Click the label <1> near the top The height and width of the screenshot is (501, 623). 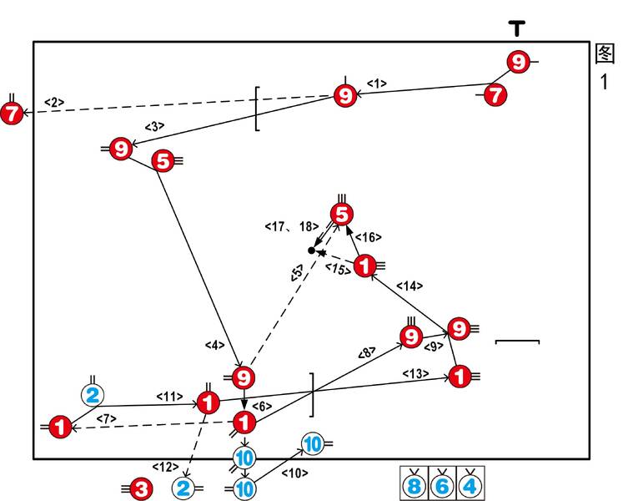tap(377, 83)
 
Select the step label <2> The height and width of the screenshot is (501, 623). tap(53, 103)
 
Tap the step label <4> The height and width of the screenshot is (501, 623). tap(215, 344)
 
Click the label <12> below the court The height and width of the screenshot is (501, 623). tap(164, 465)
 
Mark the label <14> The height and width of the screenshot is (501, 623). tap(409, 286)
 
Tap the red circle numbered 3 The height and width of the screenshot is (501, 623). tap(141, 488)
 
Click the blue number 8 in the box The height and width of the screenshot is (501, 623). tap(414, 484)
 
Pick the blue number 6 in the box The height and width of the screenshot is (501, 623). tap(443, 484)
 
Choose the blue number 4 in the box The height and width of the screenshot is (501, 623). tap(470, 484)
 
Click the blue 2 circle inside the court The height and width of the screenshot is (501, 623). tap(93, 395)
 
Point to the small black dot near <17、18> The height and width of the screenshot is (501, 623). tap(311, 250)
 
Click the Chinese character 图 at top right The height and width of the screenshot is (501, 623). tap(605, 53)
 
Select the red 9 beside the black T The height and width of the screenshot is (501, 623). tap(519, 62)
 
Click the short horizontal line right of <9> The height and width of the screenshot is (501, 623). tap(518, 341)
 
